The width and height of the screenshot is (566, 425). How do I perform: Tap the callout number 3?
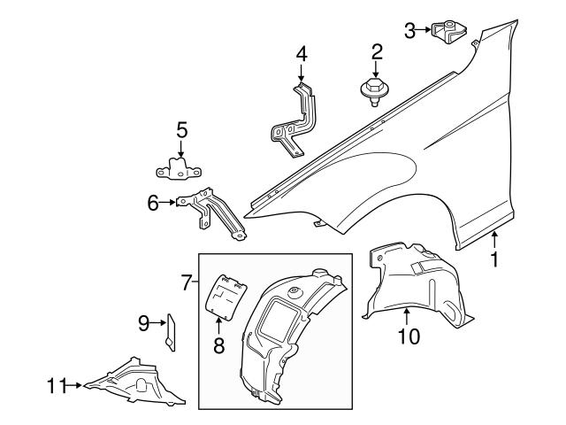tap(409, 30)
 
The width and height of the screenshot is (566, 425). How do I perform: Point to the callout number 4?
tap(302, 54)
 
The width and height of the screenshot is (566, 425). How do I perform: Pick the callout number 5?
tap(181, 130)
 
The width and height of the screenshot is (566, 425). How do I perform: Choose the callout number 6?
tap(154, 204)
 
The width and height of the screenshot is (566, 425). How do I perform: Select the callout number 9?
tap(144, 325)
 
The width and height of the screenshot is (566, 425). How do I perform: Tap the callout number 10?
tap(409, 336)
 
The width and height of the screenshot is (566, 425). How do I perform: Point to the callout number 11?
tap(56, 384)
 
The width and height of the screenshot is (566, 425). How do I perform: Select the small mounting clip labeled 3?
tap(449, 30)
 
